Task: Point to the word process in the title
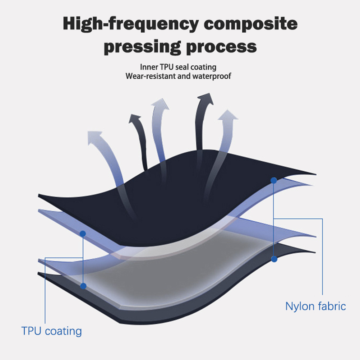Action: click(223, 47)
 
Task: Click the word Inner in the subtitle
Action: click(149, 67)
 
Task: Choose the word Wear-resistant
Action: click(151, 76)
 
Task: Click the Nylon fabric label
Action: click(315, 306)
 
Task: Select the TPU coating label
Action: click(52, 331)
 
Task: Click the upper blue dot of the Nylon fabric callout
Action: click(274, 181)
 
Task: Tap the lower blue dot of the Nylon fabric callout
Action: click(274, 259)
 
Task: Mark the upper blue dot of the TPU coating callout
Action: click(83, 234)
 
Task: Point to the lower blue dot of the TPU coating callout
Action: click(83, 286)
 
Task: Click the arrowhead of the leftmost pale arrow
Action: click(94, 137)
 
